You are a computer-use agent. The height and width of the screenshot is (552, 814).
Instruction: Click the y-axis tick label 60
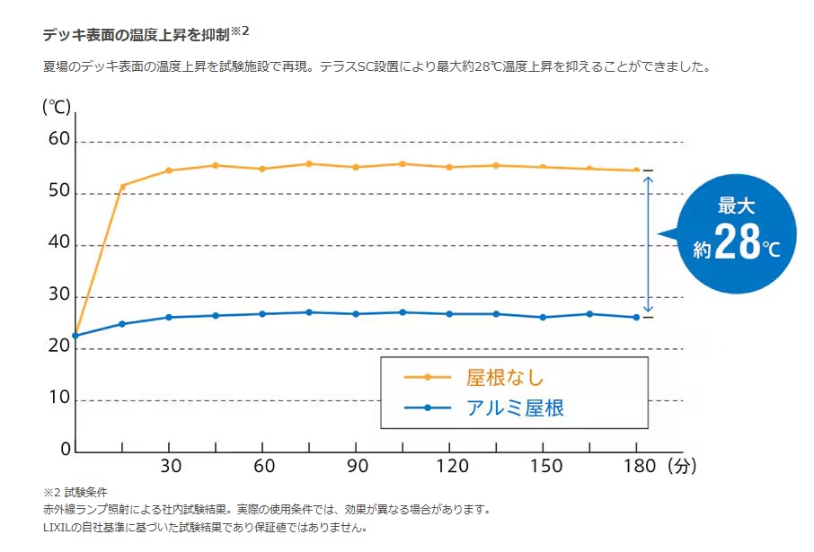[58, 140]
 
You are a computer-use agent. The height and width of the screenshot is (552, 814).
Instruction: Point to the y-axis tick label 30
[58, 295]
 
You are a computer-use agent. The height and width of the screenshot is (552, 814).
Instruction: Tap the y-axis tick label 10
[58, 399]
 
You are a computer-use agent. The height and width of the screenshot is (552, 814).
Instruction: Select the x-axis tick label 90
[356, 467]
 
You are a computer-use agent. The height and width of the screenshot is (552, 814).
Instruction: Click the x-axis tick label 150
[543, 467]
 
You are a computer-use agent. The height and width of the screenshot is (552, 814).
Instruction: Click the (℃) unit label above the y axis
[57, 107]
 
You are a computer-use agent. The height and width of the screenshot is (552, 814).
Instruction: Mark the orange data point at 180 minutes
[636, 171]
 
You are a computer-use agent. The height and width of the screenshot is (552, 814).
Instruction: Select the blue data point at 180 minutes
[636, 317]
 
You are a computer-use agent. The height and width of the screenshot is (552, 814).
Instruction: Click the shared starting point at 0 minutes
[75, 336]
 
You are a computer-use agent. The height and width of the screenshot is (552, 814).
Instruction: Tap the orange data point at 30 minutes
[168, 171]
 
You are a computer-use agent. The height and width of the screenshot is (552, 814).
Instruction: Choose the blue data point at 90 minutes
[356, 314]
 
